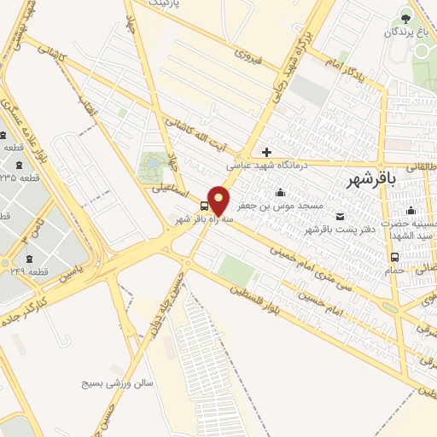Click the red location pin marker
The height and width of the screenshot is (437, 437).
(x=218, y=200)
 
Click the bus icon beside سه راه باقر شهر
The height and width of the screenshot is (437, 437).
(x=204, y=206)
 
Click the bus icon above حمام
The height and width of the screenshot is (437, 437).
(x=394, y=257)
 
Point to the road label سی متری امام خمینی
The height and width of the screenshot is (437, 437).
(x=312, y=270)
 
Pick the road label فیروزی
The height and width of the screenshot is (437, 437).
(x=252, y=59)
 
